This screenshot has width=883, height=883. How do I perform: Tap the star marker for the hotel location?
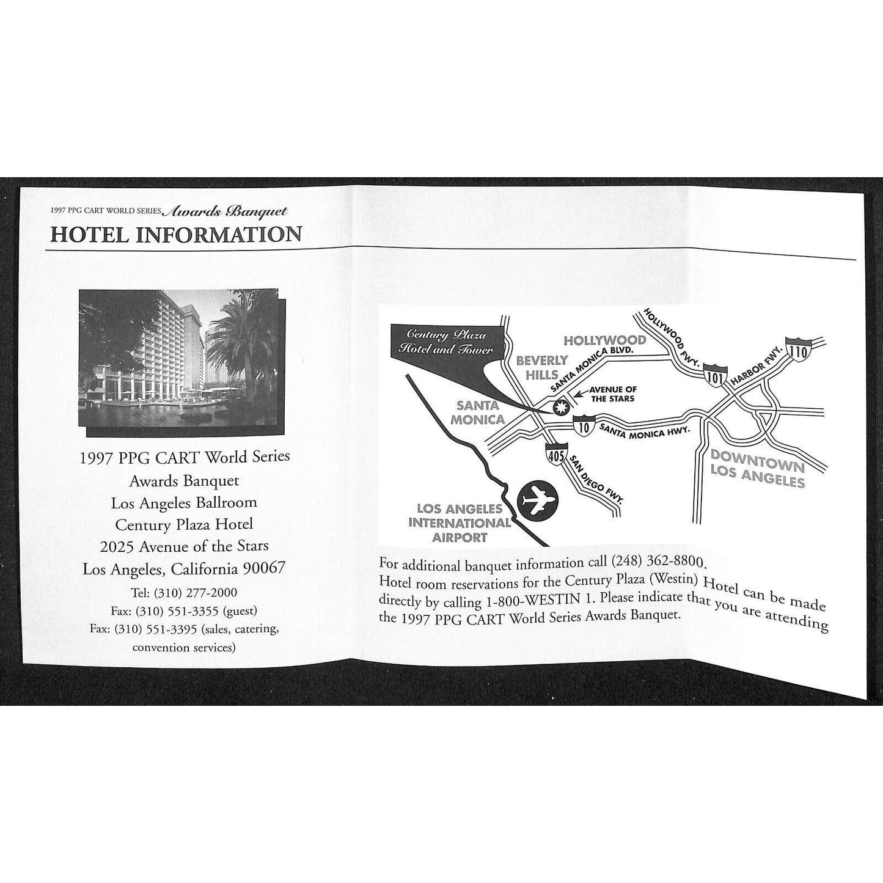560,407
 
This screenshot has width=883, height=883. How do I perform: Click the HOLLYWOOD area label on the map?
611,340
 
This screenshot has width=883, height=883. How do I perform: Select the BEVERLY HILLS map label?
541,367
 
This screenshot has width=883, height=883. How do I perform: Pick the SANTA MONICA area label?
477,412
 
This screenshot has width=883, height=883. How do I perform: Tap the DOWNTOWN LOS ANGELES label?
758,469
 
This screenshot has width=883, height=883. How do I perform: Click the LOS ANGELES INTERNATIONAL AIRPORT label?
460,523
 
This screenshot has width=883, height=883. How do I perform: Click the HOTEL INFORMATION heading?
176,234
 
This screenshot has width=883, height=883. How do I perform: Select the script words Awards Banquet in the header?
226,211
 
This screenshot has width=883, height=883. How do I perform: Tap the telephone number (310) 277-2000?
196,593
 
